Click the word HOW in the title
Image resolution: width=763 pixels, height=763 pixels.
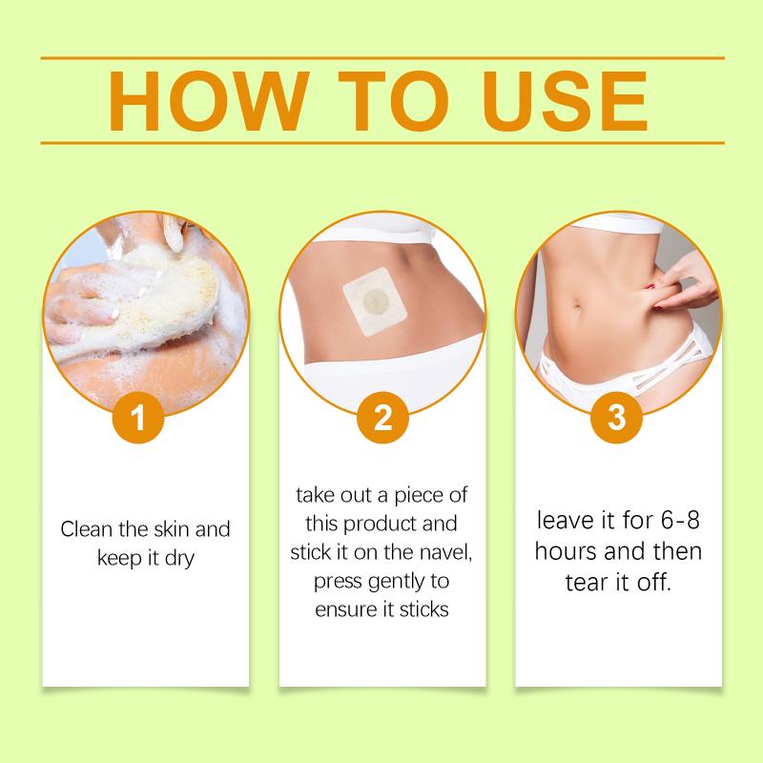tap(209, 101)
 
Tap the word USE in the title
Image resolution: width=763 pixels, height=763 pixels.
tap(565, 101)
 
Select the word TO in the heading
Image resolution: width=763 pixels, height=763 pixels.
tap(393, 101)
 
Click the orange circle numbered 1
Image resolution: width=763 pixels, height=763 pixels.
tap(138, 418)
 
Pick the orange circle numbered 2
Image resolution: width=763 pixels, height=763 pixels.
tap(382, 418)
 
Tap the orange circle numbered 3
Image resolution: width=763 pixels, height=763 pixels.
tap(616, 418)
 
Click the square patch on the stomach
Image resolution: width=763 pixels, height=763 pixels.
tap(375, 301)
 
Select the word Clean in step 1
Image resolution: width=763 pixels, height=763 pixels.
tap(87, 529)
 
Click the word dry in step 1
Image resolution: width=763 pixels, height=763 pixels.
tap(179, 559)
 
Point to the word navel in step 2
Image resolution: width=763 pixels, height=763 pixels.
tap(445, 552)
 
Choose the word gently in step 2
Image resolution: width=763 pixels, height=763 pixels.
tap(396, 582)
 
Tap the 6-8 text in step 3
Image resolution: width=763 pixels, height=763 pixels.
tap(680, 520)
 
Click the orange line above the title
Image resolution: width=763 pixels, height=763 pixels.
tap(382, 58)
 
